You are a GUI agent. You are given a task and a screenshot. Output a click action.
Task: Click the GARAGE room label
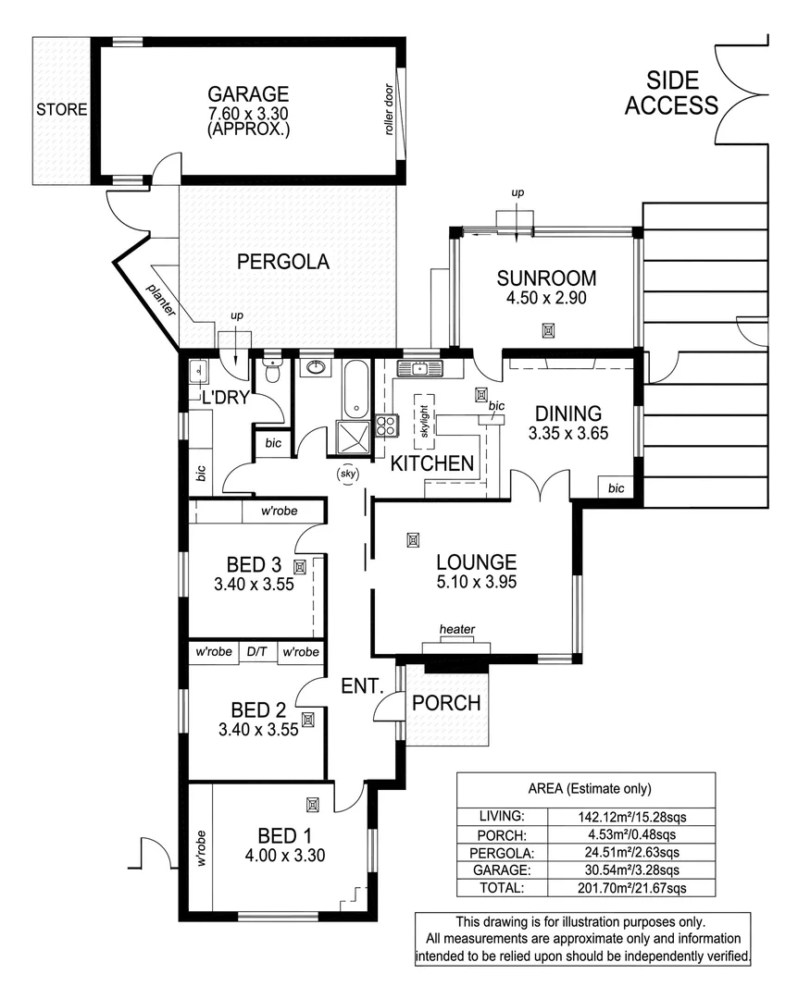(248, 94)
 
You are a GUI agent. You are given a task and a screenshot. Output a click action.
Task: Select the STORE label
(62, 110)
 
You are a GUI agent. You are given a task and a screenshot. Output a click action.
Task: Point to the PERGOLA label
(283, 262)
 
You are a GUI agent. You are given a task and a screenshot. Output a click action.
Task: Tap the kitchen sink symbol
(419, 369)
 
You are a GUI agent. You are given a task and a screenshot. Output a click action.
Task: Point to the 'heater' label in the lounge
(457, 630)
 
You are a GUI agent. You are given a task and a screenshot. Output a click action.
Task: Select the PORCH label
(446, 704)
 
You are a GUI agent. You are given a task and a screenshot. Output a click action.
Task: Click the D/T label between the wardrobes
(256, 653)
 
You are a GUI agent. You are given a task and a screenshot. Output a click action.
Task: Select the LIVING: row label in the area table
(503, 817)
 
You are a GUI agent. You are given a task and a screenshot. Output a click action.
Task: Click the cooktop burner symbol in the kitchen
(385, 426)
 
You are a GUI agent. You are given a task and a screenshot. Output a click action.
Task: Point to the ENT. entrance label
(363, 686)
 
